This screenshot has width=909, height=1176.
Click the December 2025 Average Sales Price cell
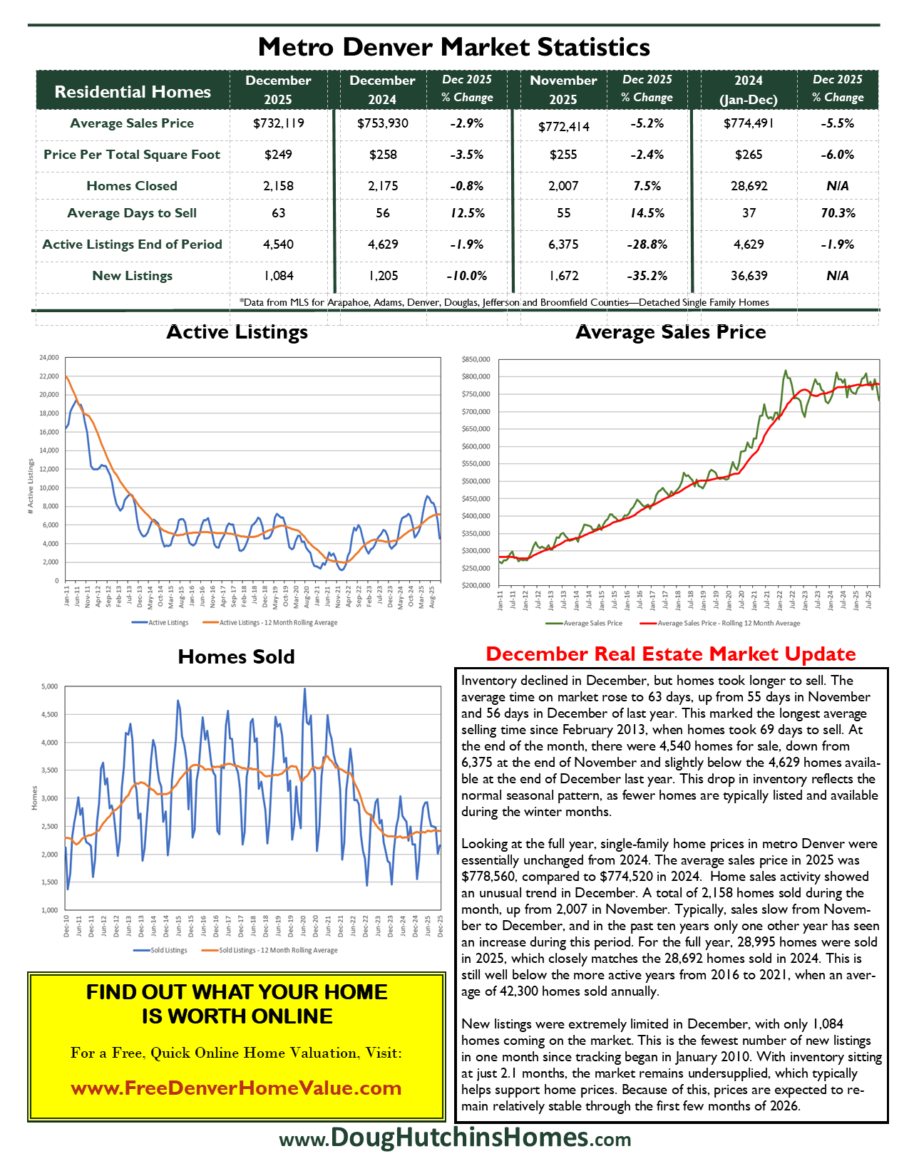coord(278,123)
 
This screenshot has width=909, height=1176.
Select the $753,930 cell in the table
coord(383,123)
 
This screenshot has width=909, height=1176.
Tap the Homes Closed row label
coord(132,186)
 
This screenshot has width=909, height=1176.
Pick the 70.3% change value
coord(838,213)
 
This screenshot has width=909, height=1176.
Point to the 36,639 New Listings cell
coord(749,276)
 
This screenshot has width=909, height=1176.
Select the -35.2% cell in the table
coord(647,276)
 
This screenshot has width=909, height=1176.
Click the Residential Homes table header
coord(133,92)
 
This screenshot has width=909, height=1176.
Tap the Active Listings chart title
coord(237,332)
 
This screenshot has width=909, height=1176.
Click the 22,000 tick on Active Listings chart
coord(49,376)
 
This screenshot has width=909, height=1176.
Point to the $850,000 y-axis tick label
coord(476,359)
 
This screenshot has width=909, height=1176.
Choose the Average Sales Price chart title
coord(670,332)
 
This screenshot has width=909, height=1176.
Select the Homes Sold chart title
coord(236,656)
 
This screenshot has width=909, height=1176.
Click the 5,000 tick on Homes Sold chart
coord(49,687)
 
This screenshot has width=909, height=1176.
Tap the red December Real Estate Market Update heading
coord(670,654)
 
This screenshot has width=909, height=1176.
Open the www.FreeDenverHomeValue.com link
coord(236,1088)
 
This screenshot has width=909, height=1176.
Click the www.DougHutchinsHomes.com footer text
coord(455,1138)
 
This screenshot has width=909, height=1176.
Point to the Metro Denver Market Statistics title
coord(454,47)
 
